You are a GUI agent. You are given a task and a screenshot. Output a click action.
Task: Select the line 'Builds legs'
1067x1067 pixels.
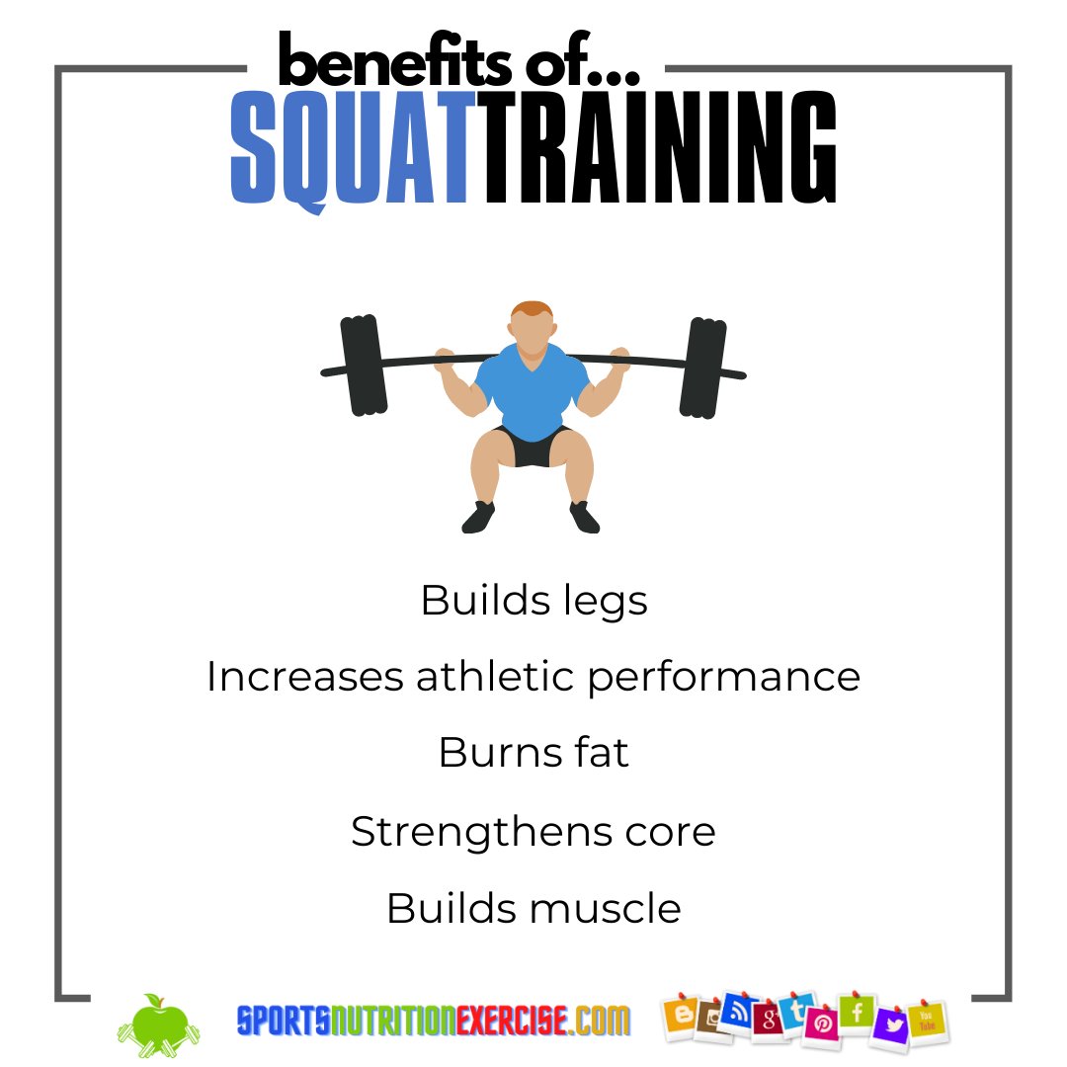pyautogui.click(x=533, y=601)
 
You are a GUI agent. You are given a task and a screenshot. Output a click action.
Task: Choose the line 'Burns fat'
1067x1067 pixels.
pyautogui.click(x=533, y=753)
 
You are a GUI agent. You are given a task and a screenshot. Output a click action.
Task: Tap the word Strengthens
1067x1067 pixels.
pyautogui.click(x=462, y=832)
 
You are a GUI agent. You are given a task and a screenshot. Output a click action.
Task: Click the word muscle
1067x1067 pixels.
pyautogui.click(x=607, y=908)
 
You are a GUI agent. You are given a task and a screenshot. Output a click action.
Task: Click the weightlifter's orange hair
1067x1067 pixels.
pyautogui.click(x=532, y=309)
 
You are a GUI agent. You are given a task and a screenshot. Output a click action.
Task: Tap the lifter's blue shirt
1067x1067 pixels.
pyautogui.click(x=533, y=390)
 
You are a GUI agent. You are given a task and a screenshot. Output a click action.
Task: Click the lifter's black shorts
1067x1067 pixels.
pyautogui.click(x=533, y=448)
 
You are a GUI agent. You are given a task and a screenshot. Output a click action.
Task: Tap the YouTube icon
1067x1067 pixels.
pyautogui.click(x=927, y=1021)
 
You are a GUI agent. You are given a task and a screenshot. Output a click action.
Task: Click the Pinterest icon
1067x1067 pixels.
pyautogui.click(x=821, y=1025)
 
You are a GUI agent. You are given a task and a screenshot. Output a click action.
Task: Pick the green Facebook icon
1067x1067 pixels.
pyautogui.click(x=857, y=1011)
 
